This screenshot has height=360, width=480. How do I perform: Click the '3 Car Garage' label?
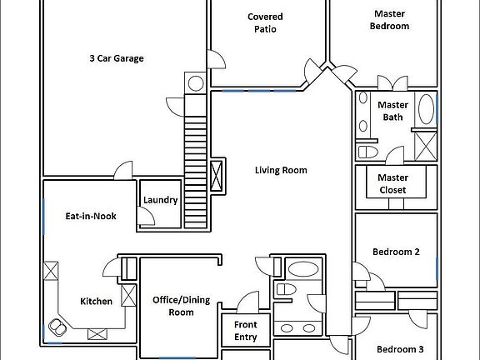point(117,58)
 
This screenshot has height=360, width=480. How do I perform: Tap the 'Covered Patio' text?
point(265,22)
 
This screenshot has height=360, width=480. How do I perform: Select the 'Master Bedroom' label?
point(390,19)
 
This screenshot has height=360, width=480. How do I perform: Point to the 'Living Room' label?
point(281,170)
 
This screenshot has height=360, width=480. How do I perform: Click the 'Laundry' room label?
point(160,200)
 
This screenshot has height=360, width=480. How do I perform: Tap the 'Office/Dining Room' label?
point(180,306)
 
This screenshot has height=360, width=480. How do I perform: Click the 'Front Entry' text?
point(245,331)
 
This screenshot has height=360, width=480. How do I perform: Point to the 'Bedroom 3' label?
point(398,349)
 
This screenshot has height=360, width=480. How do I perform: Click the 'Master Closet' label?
point(392,183)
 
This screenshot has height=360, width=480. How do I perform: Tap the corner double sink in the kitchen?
point(60,324)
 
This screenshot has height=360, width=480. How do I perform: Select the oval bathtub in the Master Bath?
point(425,110)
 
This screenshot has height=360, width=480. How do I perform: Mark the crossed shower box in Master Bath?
point(425,145)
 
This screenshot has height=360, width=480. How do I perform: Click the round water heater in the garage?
point(194,83)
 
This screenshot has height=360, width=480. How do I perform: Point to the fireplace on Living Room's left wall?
point(217,177)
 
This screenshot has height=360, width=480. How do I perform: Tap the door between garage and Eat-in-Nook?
point(123,169)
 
